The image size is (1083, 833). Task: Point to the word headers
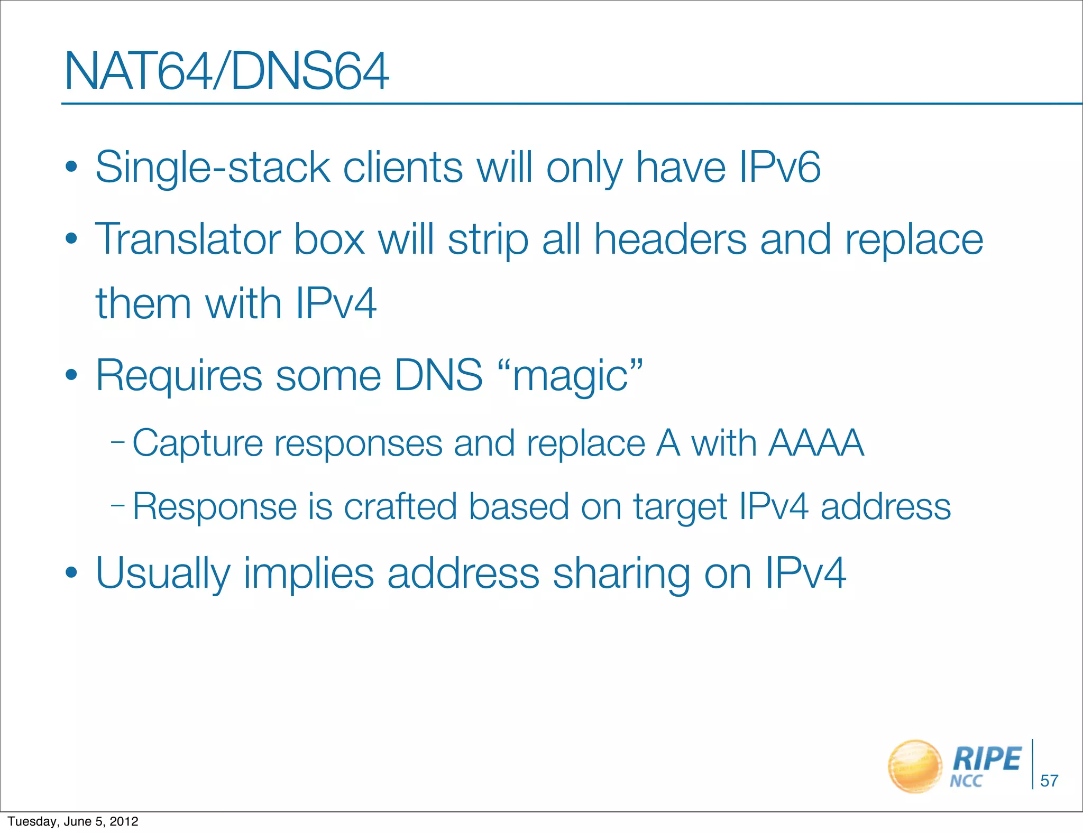tap(671, 239)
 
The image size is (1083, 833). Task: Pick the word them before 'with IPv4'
tap(143, 304)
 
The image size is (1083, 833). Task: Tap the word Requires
tap(179, 376)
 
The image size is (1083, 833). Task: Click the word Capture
tap(197, 443)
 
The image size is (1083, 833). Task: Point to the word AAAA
tap(816, 442)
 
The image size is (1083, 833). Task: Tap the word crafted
tap(400, 506)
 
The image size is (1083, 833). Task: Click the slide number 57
tap(1049, 781)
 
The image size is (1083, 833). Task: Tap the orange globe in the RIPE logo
tap(914, 766)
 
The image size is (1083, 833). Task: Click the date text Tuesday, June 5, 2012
tap(73, 821)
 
